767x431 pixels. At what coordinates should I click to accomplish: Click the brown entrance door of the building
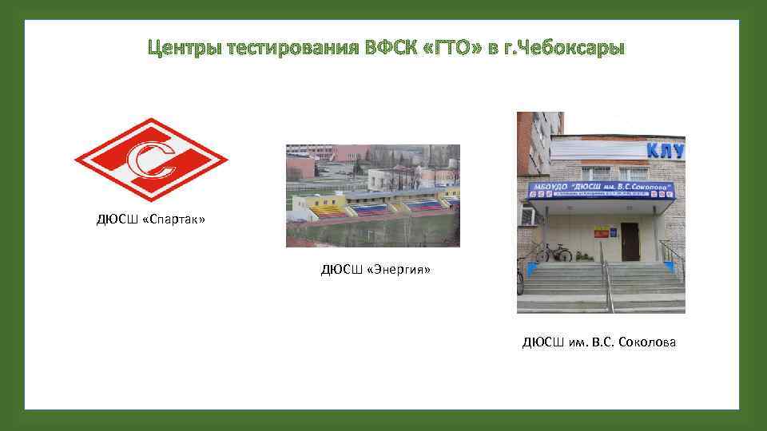[630, 242]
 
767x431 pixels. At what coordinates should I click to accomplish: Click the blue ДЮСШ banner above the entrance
[599, 192]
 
